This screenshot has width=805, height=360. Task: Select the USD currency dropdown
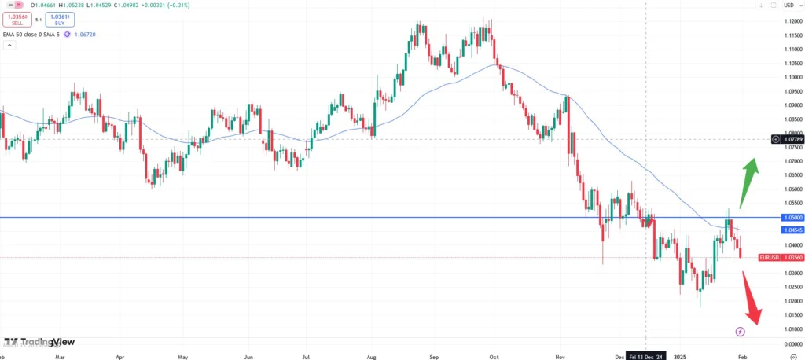[x=788, y=6]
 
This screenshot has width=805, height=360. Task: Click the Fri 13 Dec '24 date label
[x=645, y=354]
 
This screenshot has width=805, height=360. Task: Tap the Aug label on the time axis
[x=370, y=354]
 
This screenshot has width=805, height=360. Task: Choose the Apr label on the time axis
[x=120, y=354]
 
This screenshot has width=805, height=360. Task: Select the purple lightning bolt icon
[x=740, y=332]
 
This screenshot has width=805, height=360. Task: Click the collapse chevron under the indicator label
[x=9, y=46]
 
